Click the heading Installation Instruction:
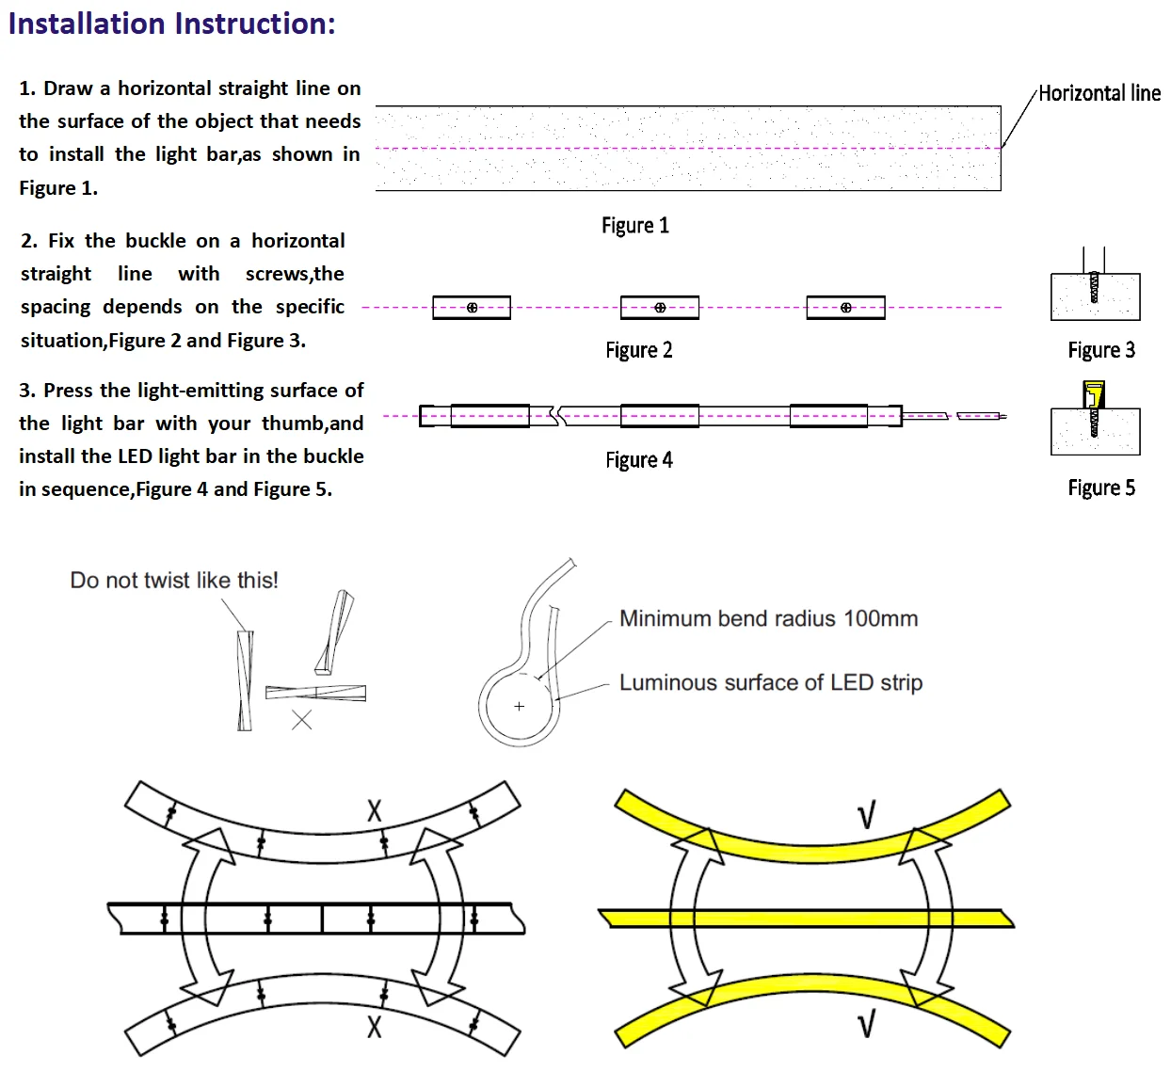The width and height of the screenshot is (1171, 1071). click(172, 24)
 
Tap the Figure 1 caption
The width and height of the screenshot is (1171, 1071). click(635, 226)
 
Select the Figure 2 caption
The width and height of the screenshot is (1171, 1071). click(638, 350)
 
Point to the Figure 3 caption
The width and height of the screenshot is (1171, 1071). click(1101, 350)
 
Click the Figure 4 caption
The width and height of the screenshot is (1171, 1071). click(638, 460)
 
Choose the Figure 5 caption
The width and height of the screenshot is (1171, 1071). click(1101, 488)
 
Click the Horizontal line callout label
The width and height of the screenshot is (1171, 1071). click(1099, 93)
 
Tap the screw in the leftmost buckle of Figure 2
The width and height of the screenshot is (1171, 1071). click(472, 308)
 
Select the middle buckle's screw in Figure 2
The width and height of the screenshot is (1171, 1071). click(660, 308)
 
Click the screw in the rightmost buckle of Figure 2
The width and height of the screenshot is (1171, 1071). click(846, 308)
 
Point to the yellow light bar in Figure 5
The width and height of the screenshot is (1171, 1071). click(1094, 394)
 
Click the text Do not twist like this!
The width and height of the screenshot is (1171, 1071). click(174, 581)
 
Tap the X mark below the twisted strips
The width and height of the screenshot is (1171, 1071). click(301, 720)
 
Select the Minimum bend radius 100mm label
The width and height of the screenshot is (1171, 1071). click(768, 618)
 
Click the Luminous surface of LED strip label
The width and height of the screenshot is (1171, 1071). click(771, 683)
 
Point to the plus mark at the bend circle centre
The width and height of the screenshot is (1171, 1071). click(519, 707)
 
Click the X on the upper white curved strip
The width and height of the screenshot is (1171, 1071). click(375, 810)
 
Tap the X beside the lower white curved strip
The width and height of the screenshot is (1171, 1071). click(375, 1027)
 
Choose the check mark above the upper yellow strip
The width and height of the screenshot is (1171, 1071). click(866, 815)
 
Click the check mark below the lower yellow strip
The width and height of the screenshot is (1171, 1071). click(866, 1026)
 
